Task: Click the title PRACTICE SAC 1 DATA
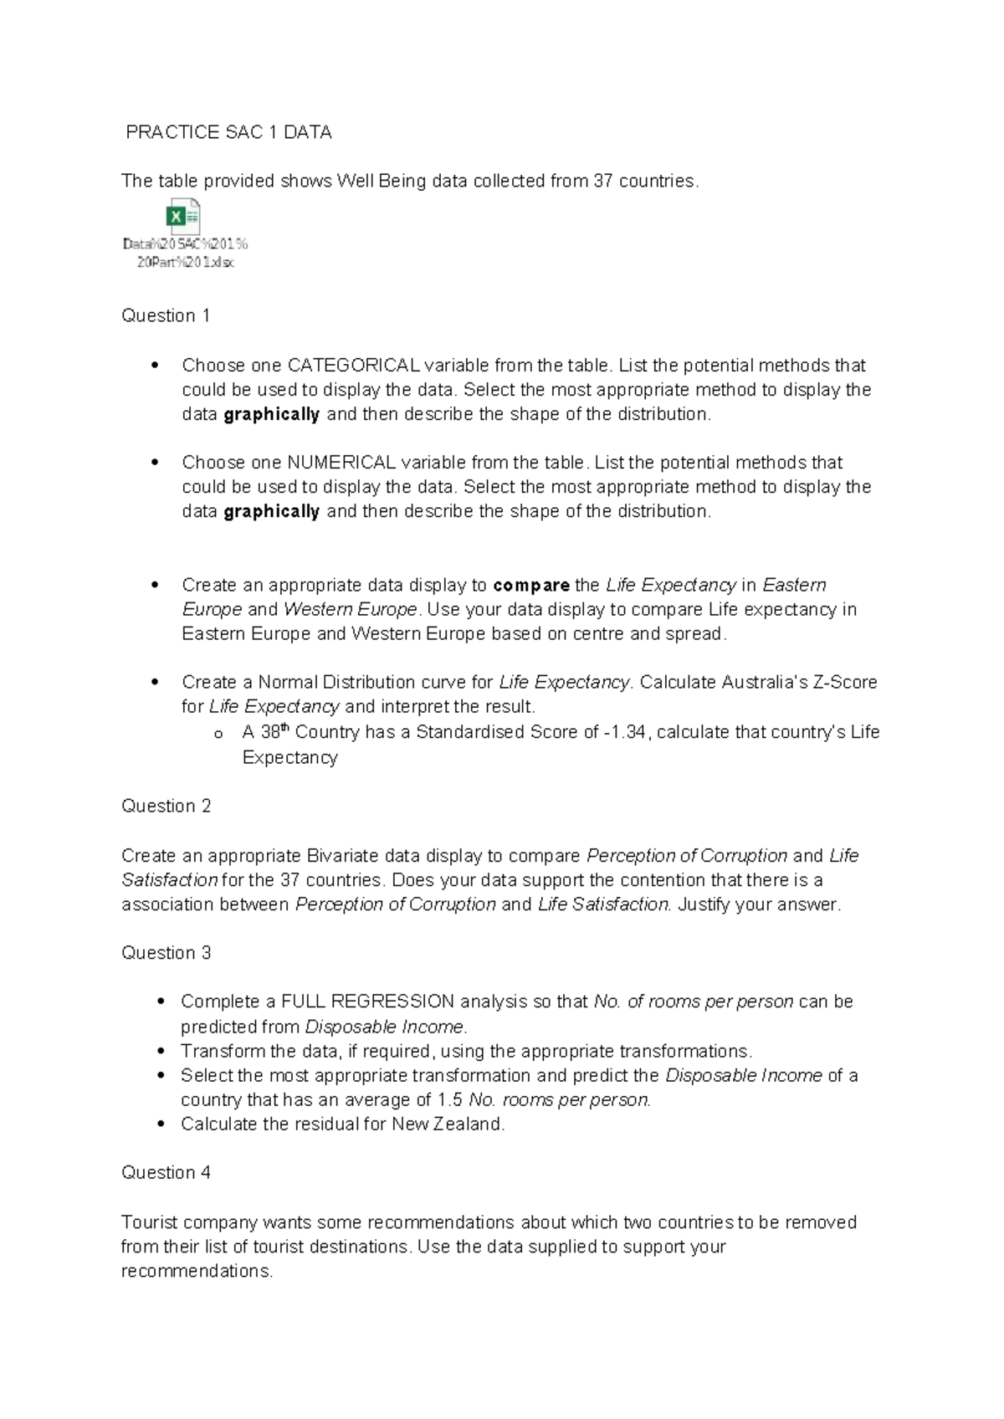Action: pyautogui.click(x=228, y=132)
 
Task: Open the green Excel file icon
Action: pyautogui.click(x=184, y=218)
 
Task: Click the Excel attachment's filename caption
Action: pyautogui.click(x=185, y=254)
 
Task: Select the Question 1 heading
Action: pyautogui.click(x=166, y=315)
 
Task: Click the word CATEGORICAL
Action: pyautogui.click(x=353, y=366)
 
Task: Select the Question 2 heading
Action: pyautogui.click(x=166, y=806)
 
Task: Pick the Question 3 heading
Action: pyautogui.click(x=166, y=953)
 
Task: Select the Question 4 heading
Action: pyautogui.click(x=166, y=1172)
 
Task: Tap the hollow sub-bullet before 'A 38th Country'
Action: pyautogui.click(x=218, y=734)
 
